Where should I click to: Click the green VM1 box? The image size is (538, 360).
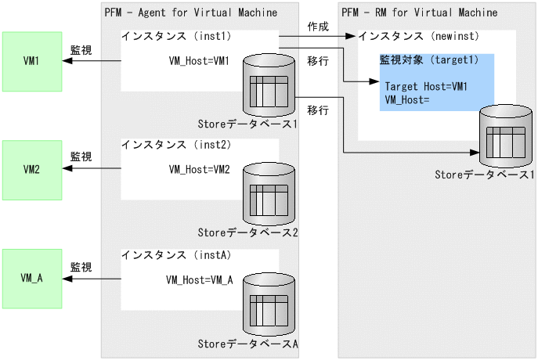[x=31, y=61]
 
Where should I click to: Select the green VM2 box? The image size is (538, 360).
[x=31, y=169]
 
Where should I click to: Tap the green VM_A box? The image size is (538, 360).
[x=31, y=278]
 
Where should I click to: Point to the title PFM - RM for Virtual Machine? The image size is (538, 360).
[x=419, y=13]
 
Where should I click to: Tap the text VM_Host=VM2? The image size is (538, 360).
[x=199, y=170]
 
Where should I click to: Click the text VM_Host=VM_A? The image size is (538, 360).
[x=200, y=279]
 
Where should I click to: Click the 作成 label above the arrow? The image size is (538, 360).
[x=318, y=26]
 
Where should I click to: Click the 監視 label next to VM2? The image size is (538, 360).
[x=81, y=157]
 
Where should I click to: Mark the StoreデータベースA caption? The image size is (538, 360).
[x=247, y=343]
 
